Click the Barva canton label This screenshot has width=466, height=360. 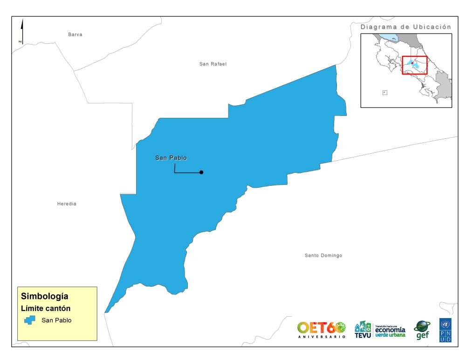click(x=75, y=34)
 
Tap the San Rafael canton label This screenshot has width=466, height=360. click(x=212, y=64)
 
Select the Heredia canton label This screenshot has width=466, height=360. click(x=67, y=204)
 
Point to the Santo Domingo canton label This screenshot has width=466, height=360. click(x=323, y=255)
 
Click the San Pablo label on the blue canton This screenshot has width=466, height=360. click(x=171, y=158)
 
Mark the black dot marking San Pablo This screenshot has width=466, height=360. click(x=201, y=172)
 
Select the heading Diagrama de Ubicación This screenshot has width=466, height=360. click(x=406, y=27)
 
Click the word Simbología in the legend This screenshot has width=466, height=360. click(x=45, y=296)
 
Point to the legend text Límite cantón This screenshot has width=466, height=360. click(x=46, y=308)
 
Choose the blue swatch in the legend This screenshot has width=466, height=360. click(x=30, y=320)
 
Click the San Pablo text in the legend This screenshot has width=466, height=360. click(x=56, y=320)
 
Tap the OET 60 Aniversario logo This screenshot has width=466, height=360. click(x=322, y=329)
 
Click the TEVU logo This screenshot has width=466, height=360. click(x=363, y=330)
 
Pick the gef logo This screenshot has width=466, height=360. click(x=422, y=330)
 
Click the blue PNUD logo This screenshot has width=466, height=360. click(x=445, y=330)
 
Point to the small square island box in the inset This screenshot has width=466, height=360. click(x=384, y=92)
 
